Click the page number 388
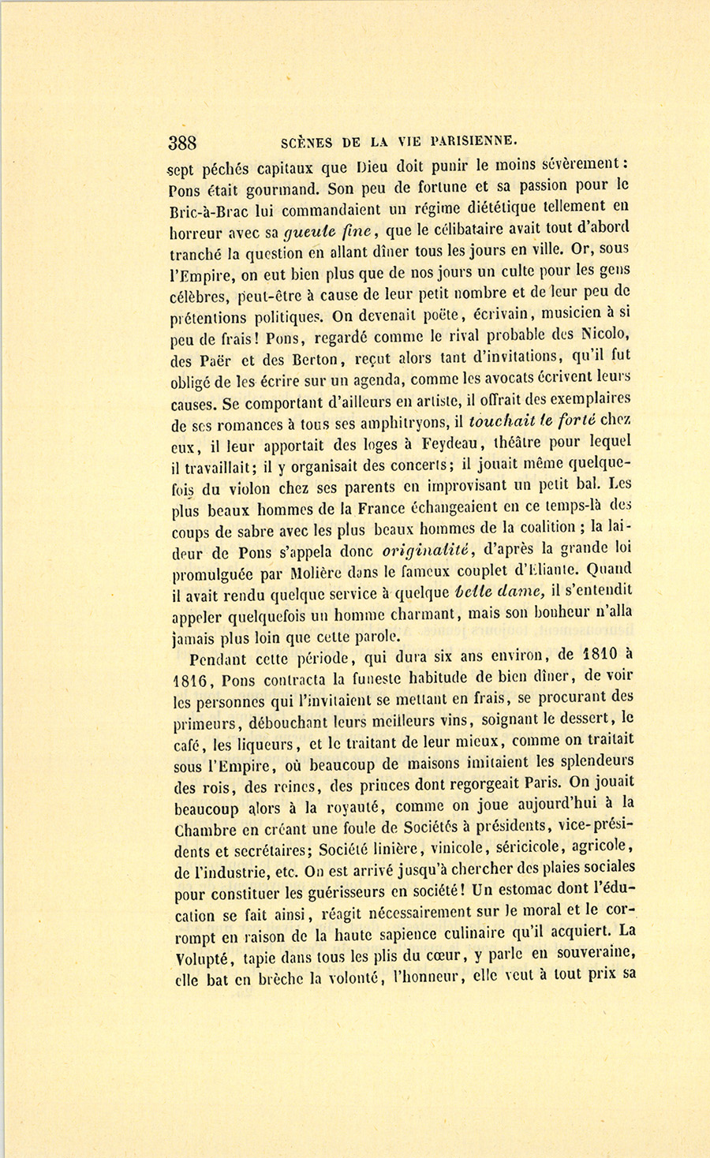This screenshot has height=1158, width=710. pos(182,143)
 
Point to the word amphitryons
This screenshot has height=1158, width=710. pos(405,422)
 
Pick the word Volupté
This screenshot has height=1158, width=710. pos(201,958)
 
